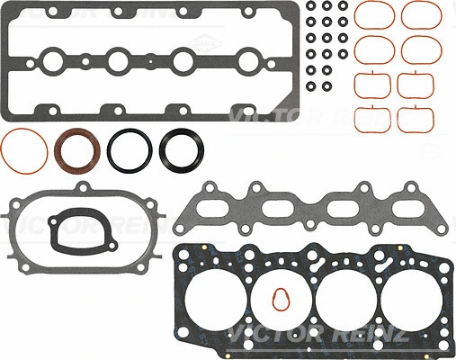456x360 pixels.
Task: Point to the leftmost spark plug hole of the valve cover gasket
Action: tap(51, 62)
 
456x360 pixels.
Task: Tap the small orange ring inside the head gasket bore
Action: tap(281, 300)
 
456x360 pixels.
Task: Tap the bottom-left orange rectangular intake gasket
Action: tap(369, 118)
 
